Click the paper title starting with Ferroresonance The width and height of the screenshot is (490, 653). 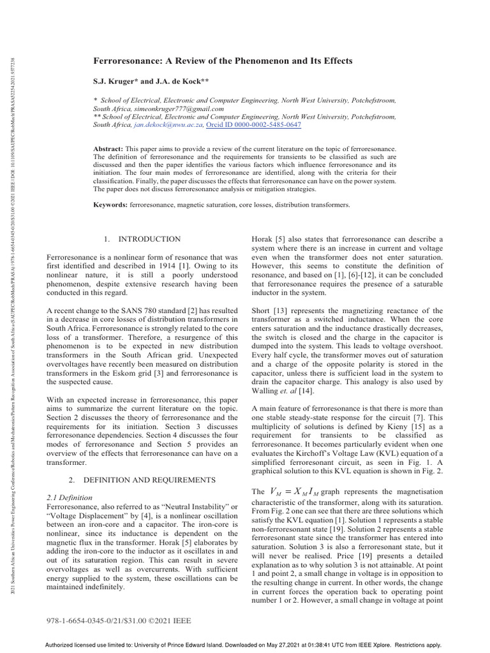tap(223, 61)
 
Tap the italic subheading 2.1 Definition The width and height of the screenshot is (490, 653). tap(70, 497)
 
